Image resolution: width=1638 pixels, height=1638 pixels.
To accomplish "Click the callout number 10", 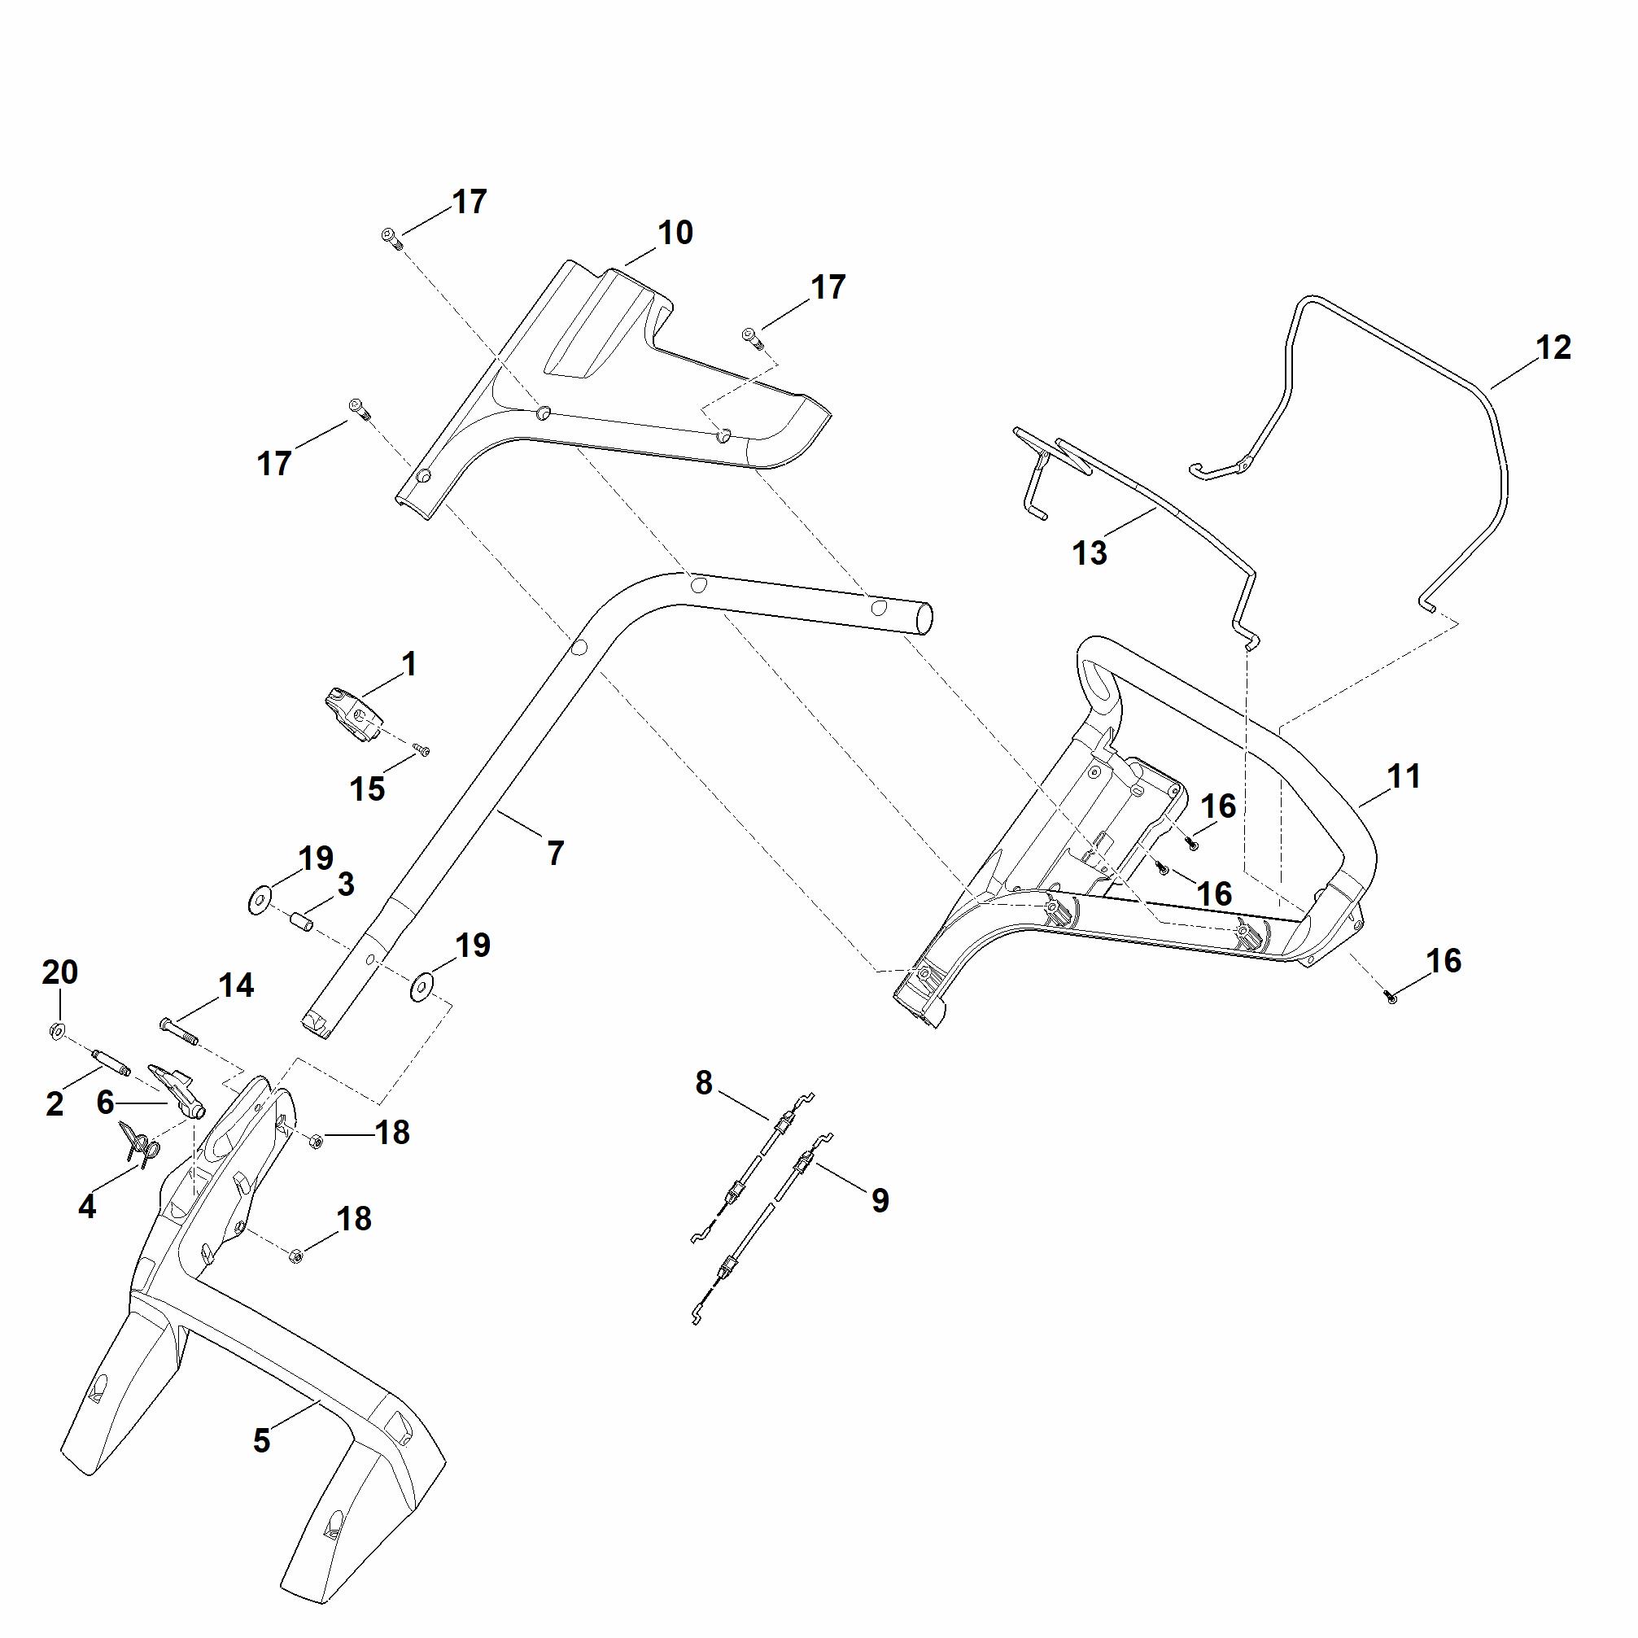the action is tap(675, 232).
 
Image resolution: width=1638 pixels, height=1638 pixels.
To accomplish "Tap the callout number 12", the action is tap(1553, 347).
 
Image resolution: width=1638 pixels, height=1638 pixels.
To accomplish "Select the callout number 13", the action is tap(1090, 553).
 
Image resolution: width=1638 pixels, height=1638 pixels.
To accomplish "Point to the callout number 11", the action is tap(1404, 775).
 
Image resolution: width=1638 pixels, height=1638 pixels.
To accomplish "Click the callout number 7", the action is tap(555, 854).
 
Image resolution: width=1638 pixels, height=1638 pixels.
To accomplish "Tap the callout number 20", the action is tap(60, 972).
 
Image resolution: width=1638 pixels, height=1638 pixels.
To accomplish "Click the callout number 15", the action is tap(367, 789).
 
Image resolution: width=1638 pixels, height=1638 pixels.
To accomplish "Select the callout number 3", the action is tap(345, 885).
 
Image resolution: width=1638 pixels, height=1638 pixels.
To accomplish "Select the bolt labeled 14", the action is tap(179, 1030).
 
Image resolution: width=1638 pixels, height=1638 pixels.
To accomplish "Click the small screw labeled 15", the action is tap(422, 749).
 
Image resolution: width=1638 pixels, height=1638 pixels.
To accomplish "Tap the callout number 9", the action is tap(880, 1199).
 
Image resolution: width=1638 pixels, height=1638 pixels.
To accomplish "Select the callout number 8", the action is tap(704, 1083).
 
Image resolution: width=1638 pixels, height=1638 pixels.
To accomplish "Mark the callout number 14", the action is tap(236, 985).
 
